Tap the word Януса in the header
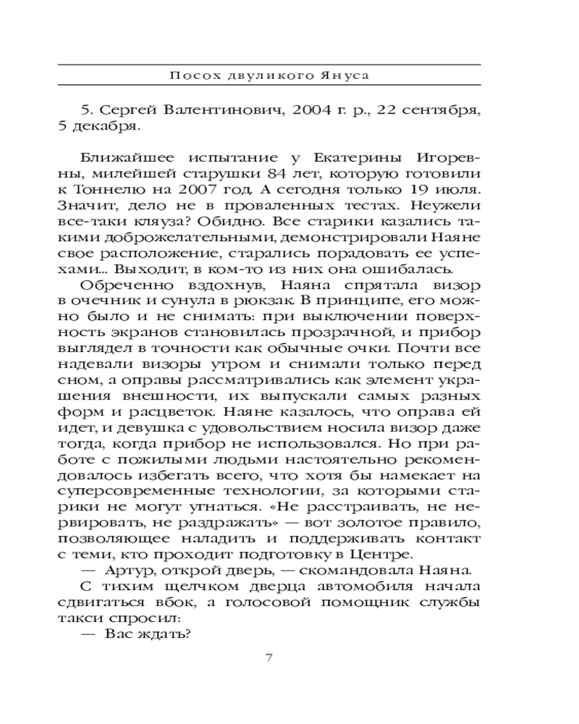pos(349,76)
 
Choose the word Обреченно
pos(124,290)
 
